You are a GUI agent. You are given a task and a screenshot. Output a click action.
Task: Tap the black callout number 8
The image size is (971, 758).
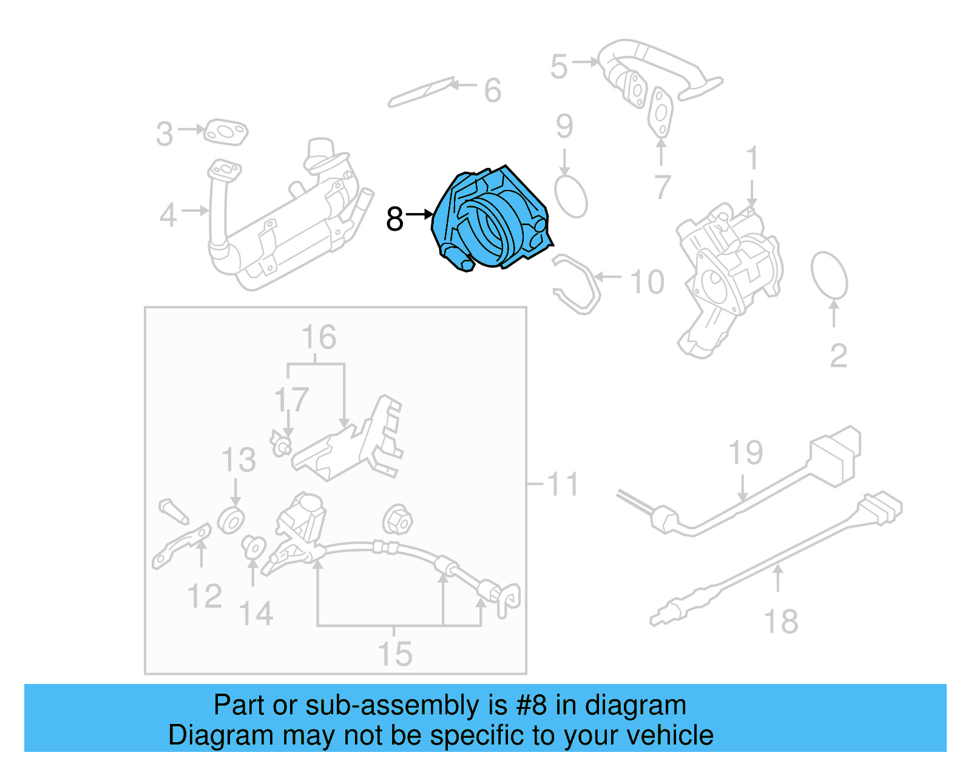[394, 219]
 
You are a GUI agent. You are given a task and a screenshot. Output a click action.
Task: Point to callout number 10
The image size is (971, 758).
[647, 282]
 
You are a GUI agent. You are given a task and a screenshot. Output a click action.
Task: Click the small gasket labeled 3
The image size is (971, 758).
[225, 132]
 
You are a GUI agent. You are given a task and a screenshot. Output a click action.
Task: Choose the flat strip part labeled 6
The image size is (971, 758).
[421, 92]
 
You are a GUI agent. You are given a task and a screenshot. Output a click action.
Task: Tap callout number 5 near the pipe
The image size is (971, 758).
[559, 66]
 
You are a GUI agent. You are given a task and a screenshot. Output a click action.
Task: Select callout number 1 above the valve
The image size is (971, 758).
[751, 158]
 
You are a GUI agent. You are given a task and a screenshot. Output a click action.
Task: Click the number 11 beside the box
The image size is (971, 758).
[562, 484]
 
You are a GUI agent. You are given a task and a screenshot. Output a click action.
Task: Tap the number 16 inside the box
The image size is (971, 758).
[319, 337]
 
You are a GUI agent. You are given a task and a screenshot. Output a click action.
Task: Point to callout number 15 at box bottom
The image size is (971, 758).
[394, 654]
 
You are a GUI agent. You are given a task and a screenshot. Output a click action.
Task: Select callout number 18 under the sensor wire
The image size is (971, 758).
[780, 621]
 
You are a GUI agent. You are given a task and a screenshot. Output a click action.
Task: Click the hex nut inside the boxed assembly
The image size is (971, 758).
[398, 520]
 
